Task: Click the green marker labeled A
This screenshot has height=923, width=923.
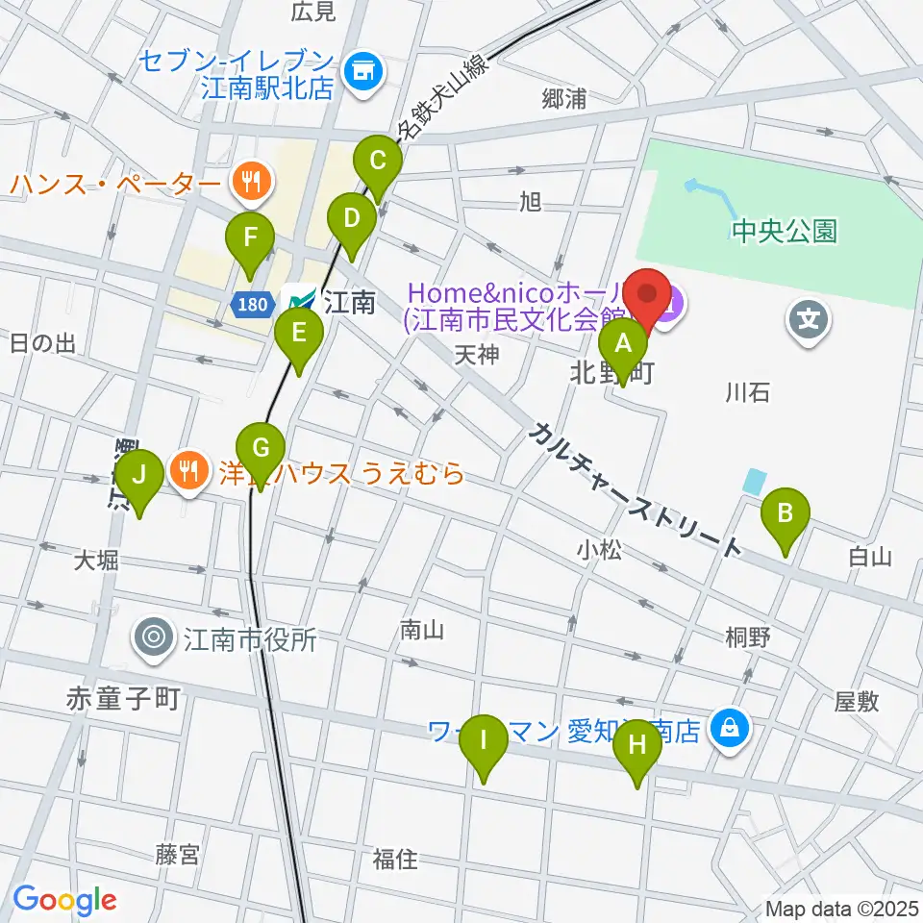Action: click(x=623, y=344)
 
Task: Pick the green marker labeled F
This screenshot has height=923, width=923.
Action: click(x=250, y=237)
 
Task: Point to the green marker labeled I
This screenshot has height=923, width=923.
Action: click(x=484, y=742)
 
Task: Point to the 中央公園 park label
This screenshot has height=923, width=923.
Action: click(x=784, y=231)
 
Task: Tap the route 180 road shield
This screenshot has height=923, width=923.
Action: click(x=250, y=305)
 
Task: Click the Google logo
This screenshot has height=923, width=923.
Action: click(x=64, y=899)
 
